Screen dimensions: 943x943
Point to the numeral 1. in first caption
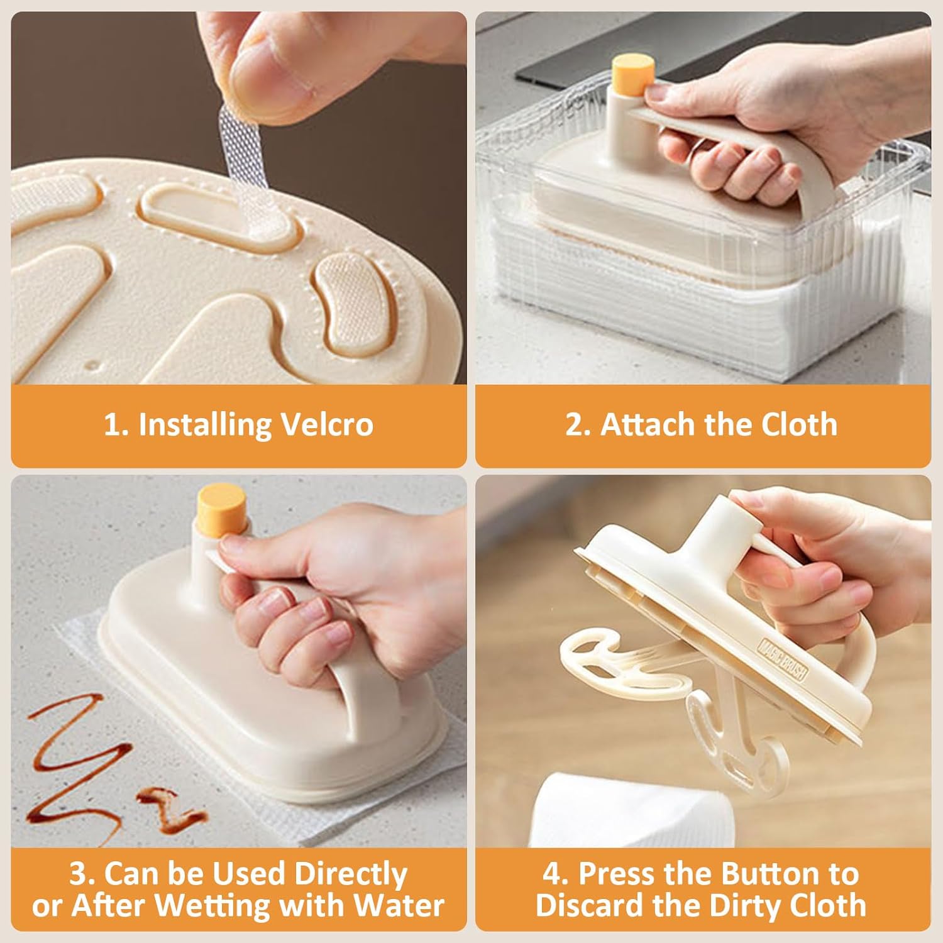point(116,424)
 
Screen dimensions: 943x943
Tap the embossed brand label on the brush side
point(783,660)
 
